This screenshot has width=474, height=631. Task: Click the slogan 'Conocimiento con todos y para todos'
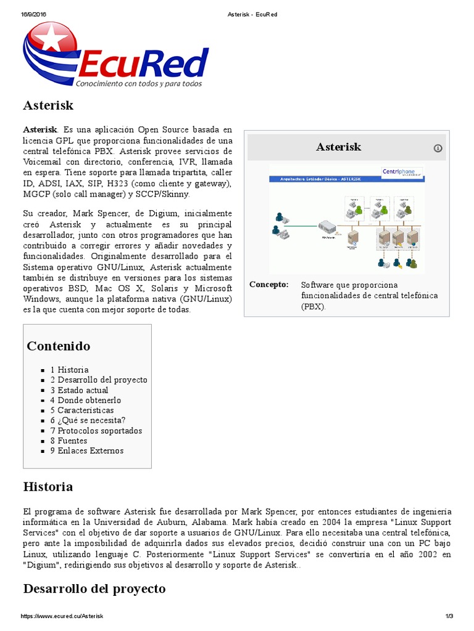(138, 83)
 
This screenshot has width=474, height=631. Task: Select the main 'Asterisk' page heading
(48, 105)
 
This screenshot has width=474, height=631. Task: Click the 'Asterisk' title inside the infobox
(338, 147)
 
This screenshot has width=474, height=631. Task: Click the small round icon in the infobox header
(438, 148)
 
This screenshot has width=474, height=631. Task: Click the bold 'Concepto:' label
(268, 285)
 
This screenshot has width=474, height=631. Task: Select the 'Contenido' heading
(58, 346)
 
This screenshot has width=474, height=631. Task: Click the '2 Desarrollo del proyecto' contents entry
(99, 380)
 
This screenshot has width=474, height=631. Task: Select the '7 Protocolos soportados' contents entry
(96, 431)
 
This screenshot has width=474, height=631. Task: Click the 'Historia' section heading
(48, 487)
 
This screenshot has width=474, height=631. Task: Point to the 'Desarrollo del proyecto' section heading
(94, 588)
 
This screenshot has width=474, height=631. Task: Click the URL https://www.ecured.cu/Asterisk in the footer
(62, 616)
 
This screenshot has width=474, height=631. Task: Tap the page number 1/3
(449, 616)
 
